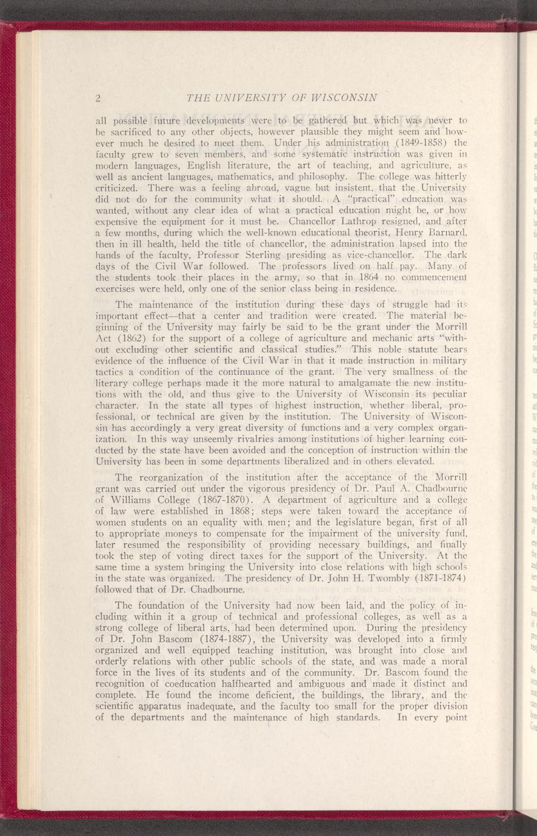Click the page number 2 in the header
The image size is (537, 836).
97,98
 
